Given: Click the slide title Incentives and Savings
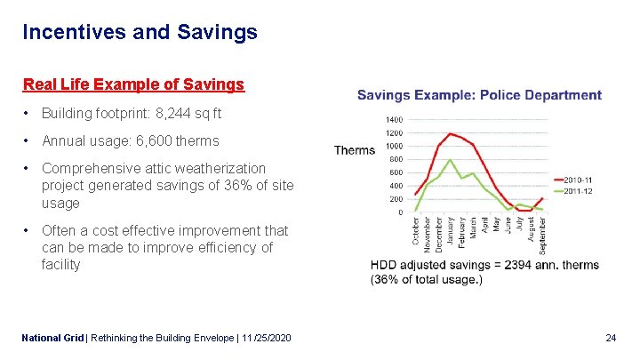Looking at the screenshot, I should point(140,33).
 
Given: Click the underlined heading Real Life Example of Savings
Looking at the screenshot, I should point(133,84).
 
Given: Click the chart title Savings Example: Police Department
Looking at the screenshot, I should point(479,95).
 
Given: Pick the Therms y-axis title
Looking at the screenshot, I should point(355,150).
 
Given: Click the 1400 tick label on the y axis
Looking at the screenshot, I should point(394,119).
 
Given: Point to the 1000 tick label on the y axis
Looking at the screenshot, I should point(394,146).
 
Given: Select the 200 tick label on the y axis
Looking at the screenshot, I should point(396,199).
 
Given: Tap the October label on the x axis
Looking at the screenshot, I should point(416,232).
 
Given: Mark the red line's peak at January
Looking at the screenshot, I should point(451,133).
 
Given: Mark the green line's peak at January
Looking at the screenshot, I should point(451,160).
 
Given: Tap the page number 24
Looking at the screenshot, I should point(611,339).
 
